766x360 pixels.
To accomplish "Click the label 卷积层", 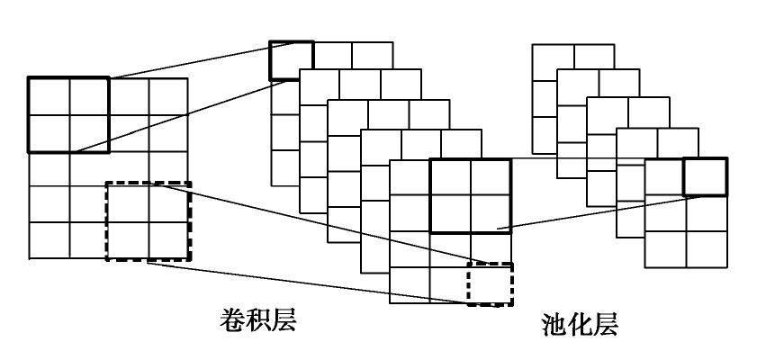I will [x=258, y=319].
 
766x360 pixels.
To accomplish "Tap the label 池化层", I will [x=581, y=324].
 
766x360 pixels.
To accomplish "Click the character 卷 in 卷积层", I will [x=232, y=319].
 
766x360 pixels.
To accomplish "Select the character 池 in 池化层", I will [x=555, y=324].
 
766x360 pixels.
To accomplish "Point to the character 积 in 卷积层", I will [x=258, y=319].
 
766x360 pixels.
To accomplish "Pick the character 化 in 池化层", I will [x=581, y=324].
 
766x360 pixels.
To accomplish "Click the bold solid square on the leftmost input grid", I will [x=68, y=114].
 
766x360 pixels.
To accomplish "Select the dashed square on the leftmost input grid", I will [x=149, y=221].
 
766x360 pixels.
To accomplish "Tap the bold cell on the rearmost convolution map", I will [x=292, y=60].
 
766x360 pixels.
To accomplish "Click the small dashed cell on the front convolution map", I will [x=490, y=283].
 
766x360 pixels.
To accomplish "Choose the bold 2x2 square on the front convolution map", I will [x=470, y=195].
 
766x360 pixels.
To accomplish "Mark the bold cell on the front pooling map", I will [x=705, y=177].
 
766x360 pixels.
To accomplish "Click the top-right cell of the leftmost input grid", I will [x=168, y=96].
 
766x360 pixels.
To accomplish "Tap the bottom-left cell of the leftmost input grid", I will [x=49, y=240].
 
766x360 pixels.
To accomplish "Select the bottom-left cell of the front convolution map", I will [x=410, y=285].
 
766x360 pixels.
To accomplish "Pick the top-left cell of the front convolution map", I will [x=410, y=177].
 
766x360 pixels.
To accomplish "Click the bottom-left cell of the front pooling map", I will [x=665, y=249].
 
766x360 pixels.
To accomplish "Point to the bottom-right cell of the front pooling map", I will [x=706, y=249].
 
